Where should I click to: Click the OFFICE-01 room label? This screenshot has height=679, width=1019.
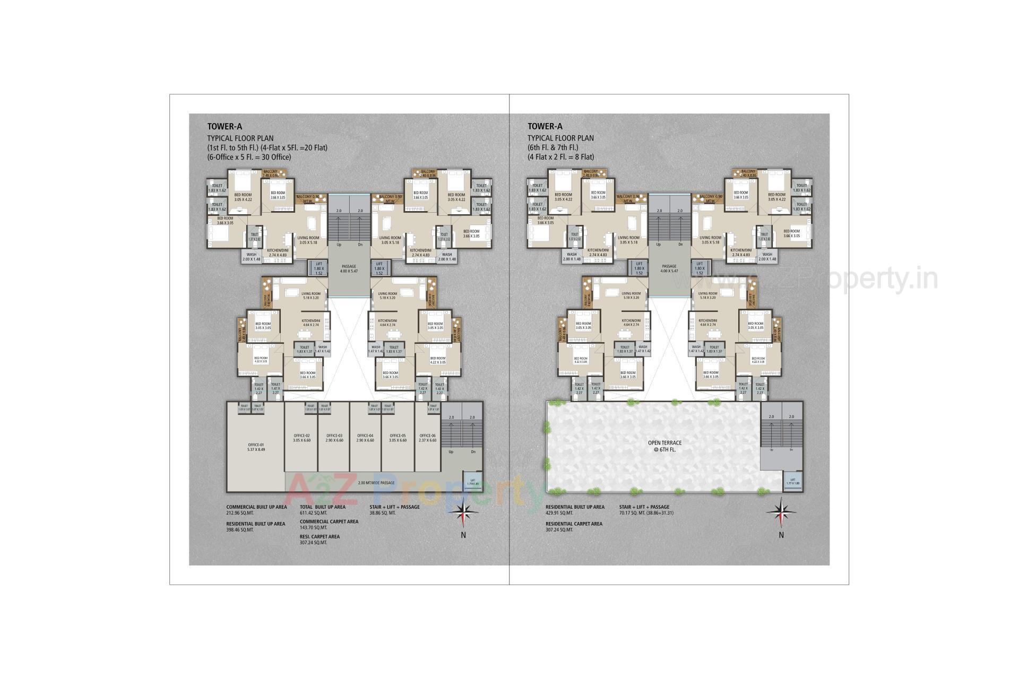(256, 447)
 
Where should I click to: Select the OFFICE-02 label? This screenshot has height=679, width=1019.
(301, 438)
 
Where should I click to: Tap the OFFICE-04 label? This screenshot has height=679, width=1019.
(365, 438)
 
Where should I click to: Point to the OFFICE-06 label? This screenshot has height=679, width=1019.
(427, 438)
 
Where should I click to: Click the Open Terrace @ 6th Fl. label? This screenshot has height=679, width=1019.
(664, 446)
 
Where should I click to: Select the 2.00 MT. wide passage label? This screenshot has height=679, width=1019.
(376, 483)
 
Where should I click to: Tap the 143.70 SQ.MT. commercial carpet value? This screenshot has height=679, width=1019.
(314, 528)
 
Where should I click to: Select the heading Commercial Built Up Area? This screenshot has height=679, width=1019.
(256, 507)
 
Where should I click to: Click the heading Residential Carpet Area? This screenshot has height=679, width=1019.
(574, 524)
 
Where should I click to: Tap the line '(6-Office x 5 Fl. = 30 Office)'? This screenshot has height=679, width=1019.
(249, 157)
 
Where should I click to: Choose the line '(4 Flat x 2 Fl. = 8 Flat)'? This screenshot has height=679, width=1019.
(560, 157)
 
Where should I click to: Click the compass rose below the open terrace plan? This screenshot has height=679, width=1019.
(781, 513)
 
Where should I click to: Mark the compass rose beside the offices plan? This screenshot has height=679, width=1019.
(464, 512)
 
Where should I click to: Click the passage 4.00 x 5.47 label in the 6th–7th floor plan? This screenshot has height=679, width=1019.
(669, 268)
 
